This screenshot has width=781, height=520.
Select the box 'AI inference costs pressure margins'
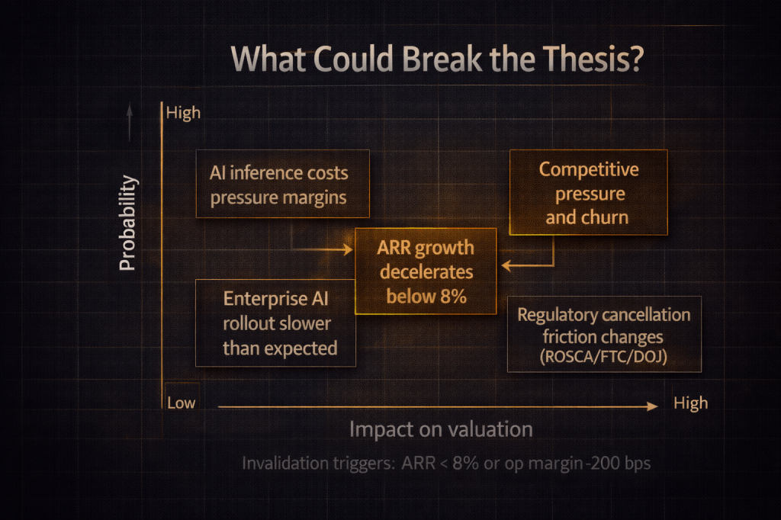tap(282, 184)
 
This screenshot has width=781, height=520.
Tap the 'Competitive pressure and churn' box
tap(588, 192)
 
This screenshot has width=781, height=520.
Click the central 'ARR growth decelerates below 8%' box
tap(426, 271)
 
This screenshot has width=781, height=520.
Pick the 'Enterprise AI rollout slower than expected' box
tap(275, 323)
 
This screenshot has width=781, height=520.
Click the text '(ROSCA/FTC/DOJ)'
tap(603, 356)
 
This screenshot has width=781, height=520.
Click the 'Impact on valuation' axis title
tap(441, 429)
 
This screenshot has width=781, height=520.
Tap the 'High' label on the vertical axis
tap(183, 113)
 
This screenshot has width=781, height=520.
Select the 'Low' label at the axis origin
tap(181, 403)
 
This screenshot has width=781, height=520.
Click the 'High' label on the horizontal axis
tap(690, 403)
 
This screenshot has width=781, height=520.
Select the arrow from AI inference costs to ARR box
tap(324, 249)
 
